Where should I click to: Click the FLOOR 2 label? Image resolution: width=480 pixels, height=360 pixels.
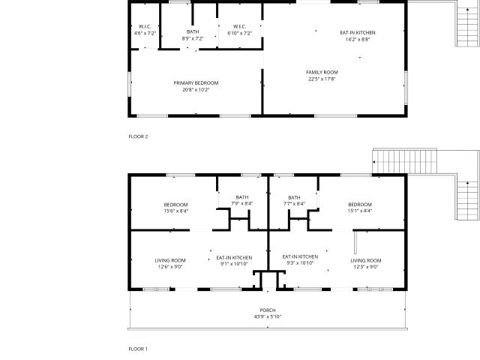pyautogui.click(x=138, y=136)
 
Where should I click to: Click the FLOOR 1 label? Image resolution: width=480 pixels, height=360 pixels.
pyautogui.click(x=138, y=349)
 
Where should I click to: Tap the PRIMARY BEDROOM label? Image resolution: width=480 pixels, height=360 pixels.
pyautogui.click(x=196, y=83)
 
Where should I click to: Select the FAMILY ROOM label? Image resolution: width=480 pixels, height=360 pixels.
pyautogui.click(x=322, y=72)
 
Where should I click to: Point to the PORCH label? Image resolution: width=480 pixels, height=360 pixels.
pyautogui.click(x=268, y=310)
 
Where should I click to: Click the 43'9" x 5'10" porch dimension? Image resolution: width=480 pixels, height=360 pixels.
pyautogui.click(x=268, y=316)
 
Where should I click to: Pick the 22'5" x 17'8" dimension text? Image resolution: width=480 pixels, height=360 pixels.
pyautogui.click(x=322, y=79)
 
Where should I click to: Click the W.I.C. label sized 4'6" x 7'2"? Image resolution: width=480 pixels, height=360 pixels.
pyautogui.click(x=145, y=27)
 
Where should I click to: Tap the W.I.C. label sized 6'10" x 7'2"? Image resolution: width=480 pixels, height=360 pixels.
pyautogui.click(x=239, y=27)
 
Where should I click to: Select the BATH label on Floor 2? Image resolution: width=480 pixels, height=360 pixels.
pyautogui.click(x=193, y=31)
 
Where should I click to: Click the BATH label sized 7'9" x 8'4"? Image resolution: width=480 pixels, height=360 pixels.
pyautogui.click(x=242, y=197)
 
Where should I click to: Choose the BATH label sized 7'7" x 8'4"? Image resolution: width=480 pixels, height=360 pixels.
pyautogui.click(x=294, y=197)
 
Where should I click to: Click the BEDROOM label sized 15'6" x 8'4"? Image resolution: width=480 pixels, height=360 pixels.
pyautogui.click(x=175, y=205)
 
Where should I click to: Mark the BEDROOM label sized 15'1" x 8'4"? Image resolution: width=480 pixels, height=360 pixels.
pyautogui.click(x=360, y=204)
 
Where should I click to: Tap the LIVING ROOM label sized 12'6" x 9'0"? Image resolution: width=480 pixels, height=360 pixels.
pyautogui.click(x=170, y=260)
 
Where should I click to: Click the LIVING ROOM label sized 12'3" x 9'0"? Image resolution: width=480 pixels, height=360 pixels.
pyautogui.click(x=366, y=260)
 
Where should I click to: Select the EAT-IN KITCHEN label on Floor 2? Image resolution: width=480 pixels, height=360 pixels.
pyautogui.click(x=358, y=33)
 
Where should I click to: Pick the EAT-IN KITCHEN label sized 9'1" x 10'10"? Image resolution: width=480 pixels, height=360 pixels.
pyautogui.click(x=234, y=258)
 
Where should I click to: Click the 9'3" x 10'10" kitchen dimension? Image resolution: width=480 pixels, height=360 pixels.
pyautogui.click(x=300, y=263)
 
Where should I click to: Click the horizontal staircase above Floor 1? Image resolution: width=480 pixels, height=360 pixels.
pyautogui.click(x=405, y=162)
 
